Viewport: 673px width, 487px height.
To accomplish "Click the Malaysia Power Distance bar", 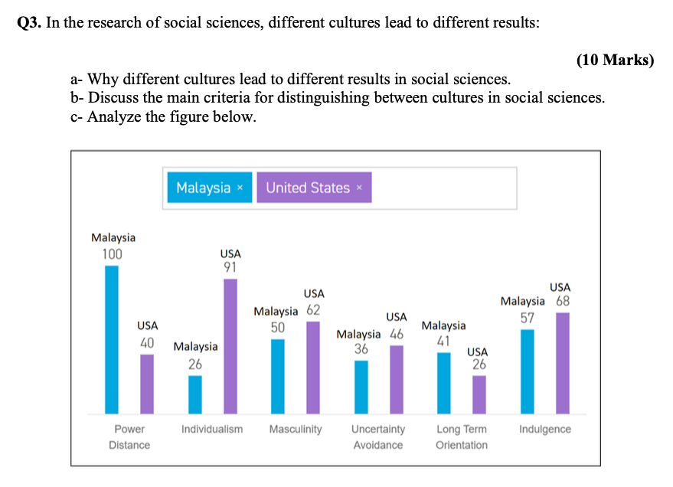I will (112, 339).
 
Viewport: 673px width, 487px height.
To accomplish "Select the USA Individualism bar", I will (230, 346).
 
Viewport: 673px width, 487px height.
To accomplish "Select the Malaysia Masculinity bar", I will (278, 376).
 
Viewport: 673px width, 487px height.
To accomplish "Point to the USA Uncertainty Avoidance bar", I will (396, 379).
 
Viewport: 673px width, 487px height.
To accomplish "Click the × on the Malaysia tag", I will (240, 188).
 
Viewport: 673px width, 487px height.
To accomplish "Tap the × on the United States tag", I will (359, 188).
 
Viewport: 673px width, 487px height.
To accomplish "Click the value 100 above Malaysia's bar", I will (112, 254).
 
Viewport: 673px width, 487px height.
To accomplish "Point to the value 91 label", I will (230, 267).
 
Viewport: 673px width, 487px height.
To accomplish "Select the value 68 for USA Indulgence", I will (563, 301).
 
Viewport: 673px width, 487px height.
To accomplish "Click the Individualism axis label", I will (212, 429).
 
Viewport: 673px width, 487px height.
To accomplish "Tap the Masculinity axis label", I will (296, 429).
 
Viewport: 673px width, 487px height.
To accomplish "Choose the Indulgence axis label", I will (544, 429).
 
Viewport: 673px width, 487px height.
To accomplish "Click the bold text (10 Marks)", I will (614, 60).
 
